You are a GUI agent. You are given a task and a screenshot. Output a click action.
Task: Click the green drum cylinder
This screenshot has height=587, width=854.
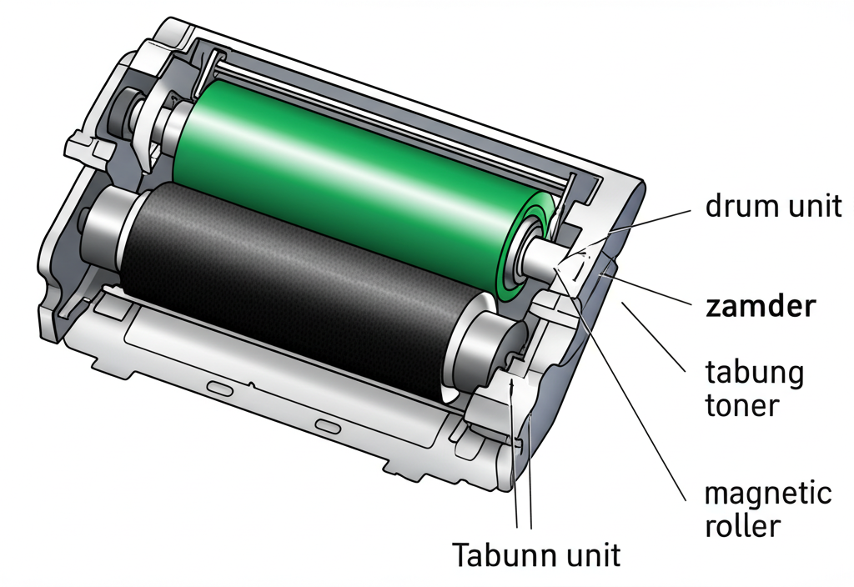(x=350, y=175)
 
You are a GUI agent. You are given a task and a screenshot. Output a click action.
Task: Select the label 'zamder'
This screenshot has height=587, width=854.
(x=759, y=307)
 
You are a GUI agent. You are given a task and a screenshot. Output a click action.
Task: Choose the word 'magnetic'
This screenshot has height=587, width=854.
(x=768, y=494)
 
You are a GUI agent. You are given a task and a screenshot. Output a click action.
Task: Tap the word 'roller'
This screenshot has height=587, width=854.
(x=741, y=526)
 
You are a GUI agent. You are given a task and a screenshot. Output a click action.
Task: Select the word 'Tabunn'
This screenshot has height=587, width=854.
(x=506, y=554)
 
